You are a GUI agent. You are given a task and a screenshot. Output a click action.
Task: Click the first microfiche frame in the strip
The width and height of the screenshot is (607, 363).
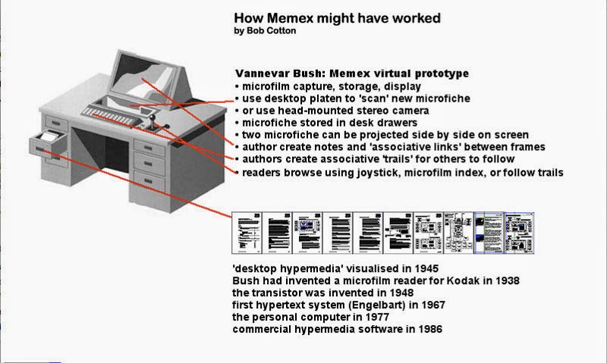point(245,230)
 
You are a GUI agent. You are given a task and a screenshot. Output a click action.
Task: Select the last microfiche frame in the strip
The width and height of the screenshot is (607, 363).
point(520,230)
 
